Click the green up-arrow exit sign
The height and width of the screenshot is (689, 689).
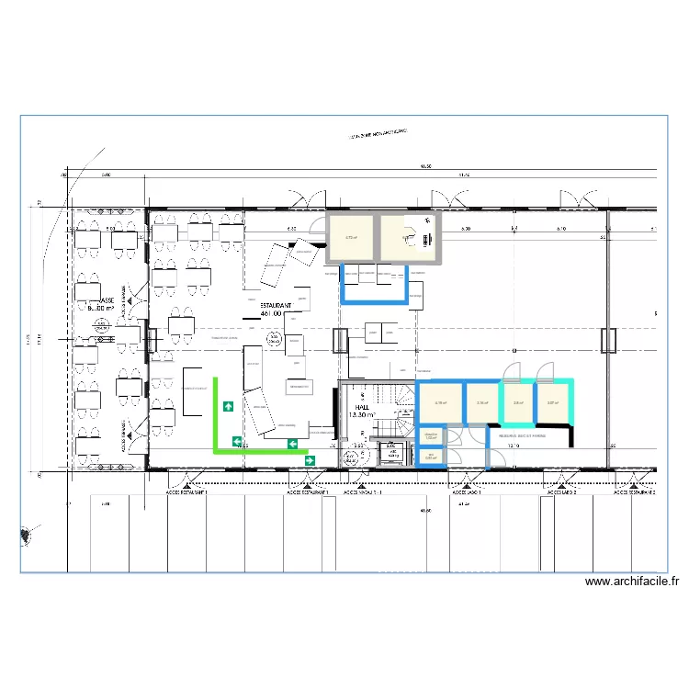point(227,405)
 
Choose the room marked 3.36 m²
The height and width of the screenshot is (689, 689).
point(481,402)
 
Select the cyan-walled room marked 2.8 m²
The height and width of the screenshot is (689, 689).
point(518,402)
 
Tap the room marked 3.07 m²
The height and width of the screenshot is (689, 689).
point(553,402)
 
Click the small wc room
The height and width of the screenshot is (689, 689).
point(431,457)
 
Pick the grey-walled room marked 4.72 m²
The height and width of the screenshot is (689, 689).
point(351,238)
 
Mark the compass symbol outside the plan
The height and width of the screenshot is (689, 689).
point(27,533)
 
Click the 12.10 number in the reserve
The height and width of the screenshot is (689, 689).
point(514,446)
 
